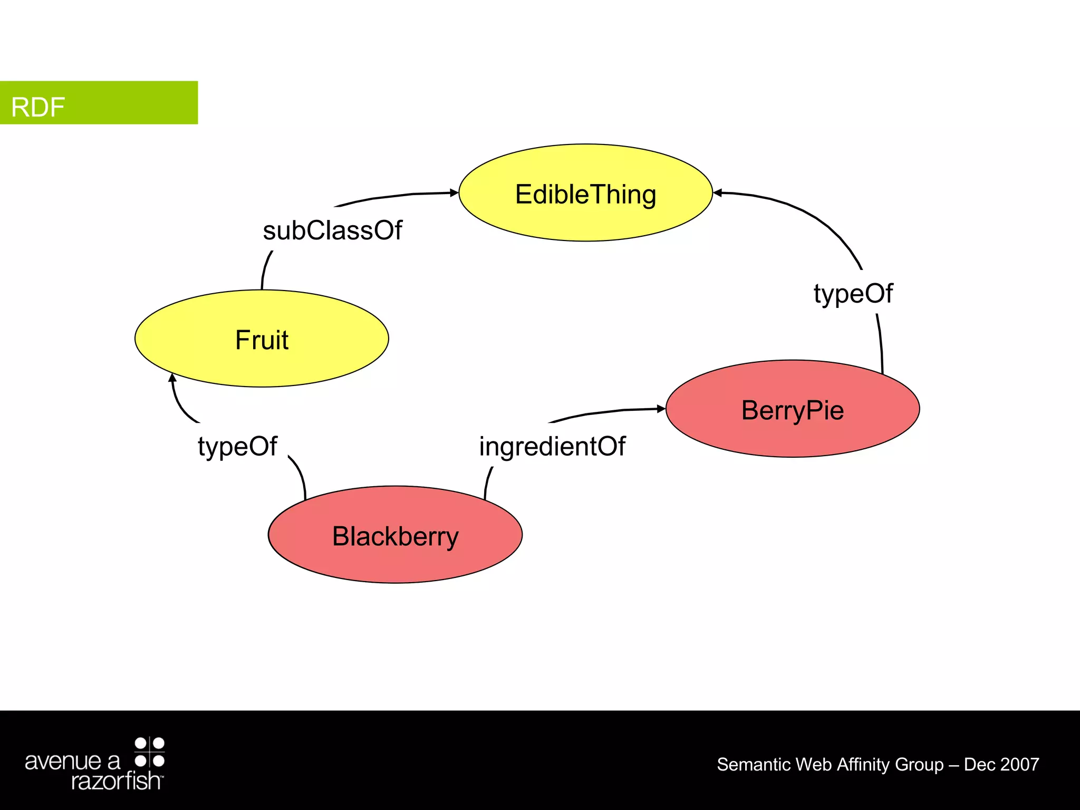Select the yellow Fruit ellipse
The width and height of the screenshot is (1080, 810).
point(262,339)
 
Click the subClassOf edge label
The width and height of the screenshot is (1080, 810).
point(332,230)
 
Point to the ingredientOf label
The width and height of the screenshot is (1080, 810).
point(552,446)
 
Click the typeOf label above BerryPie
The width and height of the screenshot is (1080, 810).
point(853,293)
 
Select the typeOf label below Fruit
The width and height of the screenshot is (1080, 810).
point(237,446)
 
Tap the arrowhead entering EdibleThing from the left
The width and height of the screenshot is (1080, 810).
point(454,192)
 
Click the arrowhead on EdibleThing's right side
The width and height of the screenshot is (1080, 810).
point(718,193)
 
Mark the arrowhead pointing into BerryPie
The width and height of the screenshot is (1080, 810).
point(661,409)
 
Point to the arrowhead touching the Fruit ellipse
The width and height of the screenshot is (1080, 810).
point(172,378)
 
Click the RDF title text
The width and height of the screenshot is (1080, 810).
point(38,107)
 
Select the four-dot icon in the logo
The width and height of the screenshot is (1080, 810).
point(150,752)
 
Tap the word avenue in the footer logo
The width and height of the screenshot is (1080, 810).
point(63,761)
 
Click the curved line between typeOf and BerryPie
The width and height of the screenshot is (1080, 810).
point(881,343)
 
